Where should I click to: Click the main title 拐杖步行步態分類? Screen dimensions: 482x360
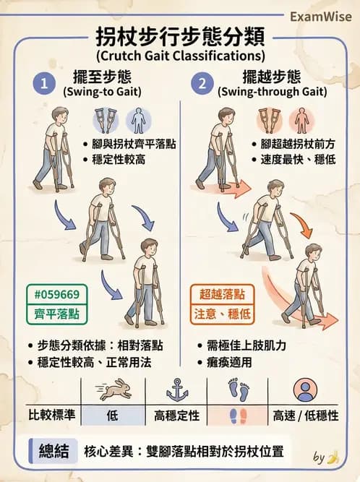(x=180, y=36)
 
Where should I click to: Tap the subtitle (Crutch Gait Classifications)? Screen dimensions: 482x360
(x=180, y=55)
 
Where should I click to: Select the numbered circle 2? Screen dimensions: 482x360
(x=203, y=84)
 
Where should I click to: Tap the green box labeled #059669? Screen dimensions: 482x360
(x=57, y=294)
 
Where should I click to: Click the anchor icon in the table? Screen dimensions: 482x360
(x=176, y=390)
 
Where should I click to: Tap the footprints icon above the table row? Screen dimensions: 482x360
(x=239, y=391)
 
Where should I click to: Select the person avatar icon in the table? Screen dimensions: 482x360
(x=306, y=391)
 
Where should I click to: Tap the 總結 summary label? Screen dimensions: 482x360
(x=53, y=452)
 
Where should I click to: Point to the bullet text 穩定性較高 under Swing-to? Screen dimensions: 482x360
(x=119, y=159)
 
